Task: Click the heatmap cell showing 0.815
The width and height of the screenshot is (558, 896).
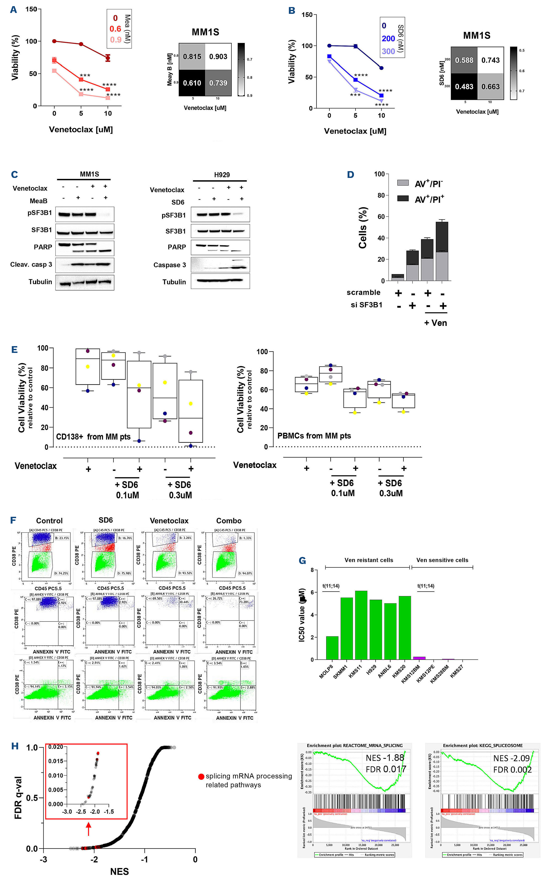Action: (x=192, y=57)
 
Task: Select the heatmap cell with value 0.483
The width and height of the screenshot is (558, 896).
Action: (x=464, y=86)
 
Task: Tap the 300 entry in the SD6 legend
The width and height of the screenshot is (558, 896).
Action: (x=388, y=51)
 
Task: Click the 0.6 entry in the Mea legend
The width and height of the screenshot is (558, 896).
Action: (x=115, y=29)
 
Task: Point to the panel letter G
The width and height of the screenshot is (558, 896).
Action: (x=302, y=561)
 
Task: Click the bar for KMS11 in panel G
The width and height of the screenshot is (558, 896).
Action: (x=361, y=625)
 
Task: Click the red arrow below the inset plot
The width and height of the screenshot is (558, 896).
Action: (x=88, y=829)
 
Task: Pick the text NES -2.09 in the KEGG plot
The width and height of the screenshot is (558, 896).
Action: (x=511, y=758)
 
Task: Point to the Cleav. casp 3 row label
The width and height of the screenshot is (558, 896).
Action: (x=31, y=264)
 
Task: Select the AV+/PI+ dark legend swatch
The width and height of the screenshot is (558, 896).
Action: (x=403, y=198)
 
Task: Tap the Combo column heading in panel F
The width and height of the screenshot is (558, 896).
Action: (x=229, y=521)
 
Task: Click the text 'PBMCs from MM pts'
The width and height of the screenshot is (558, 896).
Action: (x=314, y=436)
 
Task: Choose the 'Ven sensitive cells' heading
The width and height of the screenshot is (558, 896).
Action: (x=442, y=560)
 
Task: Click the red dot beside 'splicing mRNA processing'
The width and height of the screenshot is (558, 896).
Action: (x=201, y=776)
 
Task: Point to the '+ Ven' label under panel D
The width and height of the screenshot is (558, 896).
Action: (x=436, y=323)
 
